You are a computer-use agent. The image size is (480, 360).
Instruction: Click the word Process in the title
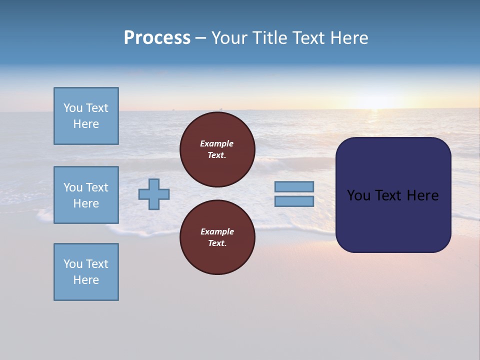point(157,37)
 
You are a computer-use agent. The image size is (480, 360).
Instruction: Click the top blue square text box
point(86,116)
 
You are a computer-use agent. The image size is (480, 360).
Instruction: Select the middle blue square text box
point(86,195)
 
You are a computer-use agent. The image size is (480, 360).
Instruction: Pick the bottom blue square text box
point(86,272)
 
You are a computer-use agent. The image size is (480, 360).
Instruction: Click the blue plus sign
point(154,194)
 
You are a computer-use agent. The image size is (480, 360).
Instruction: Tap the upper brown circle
point(217,149)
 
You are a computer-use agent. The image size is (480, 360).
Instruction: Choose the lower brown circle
point(217,237)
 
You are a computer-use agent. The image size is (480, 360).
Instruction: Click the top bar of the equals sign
point(294,186)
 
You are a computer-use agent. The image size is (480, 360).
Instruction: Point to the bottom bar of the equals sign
point(294,201)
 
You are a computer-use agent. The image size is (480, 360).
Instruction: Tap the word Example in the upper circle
point(216,143)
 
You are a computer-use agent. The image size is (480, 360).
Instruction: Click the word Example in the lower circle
point(216,231)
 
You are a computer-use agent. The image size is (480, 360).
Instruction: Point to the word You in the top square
point(73,108)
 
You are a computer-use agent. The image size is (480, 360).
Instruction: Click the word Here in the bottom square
point(86,280)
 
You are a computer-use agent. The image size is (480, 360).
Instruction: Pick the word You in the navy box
point(358,195)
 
